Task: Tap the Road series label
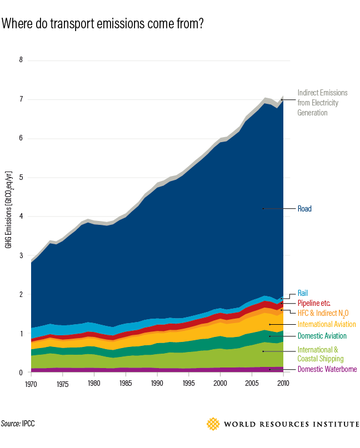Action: coord(304,209)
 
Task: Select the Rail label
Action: coord(303,293)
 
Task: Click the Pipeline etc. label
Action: coord(314,303)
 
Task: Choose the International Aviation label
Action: coord(327,324)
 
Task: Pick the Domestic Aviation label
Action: coord(322,336)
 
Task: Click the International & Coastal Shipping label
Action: coord(321,354)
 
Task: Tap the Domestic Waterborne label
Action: coord(327,369)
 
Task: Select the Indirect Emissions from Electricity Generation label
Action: coord(322,103)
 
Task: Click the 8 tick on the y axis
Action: coord(21,60)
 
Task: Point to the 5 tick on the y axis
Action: coord(21,178)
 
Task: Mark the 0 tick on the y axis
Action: coord(21,373)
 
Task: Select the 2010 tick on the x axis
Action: coord(283,383)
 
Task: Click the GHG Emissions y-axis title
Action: coord(9,217)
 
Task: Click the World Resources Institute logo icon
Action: coord(213,424)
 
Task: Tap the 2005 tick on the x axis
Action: coord(252,383)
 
